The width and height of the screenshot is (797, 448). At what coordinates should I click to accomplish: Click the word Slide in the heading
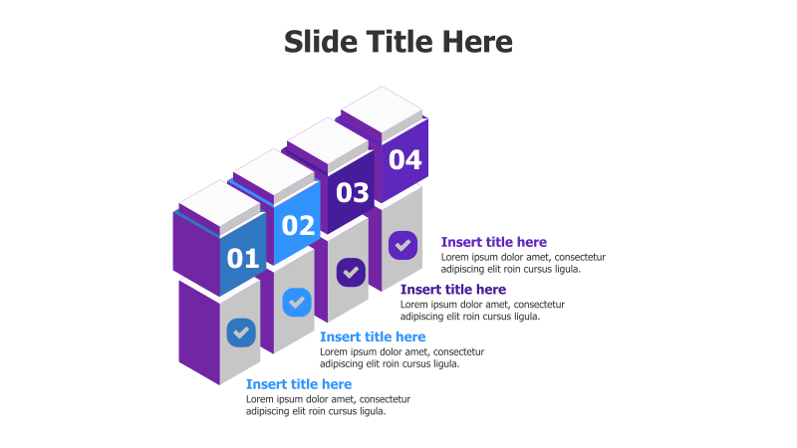pyautogui.click(x=316, y=42)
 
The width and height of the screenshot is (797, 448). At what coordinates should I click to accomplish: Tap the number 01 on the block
pyautogui.click(x=243, y=259)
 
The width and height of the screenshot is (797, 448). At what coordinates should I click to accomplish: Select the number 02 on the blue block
pyautogui.click(x=298, y=226)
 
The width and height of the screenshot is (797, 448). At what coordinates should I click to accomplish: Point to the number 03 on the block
pyautogui.click(x=352, y=193)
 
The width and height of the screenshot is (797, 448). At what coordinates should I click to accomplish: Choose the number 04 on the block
pyautogui.click(x=404, y=159)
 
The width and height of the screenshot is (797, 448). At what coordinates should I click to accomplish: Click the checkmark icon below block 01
pyautogui.click(x=241, y=333)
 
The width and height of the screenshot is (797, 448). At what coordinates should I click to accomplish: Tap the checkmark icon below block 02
pyautogui.click(x=297, y=302)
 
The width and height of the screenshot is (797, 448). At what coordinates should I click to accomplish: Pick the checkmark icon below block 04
pyautogui.click(x=402, y=244)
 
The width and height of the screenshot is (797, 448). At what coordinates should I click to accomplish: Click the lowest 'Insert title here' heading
pyautogui.click(x=299, y=384)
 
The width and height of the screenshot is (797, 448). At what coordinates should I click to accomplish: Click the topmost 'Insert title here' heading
pyautogui.click(x=494, y=242)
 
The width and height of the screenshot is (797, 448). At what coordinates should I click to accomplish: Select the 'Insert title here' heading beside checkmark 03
pyautogui.click(x=453, y=290)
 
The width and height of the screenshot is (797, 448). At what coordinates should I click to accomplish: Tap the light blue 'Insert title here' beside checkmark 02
pyautogui.click(x=373, y=337)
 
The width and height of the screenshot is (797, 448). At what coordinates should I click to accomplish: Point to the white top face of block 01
pyautogui.click(x=218, y=202)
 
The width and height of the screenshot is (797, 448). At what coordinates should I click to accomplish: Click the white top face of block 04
pyautogui.click(x=383, y=108)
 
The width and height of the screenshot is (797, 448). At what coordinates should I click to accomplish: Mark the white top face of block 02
pyautogui.click(x=273, y=170)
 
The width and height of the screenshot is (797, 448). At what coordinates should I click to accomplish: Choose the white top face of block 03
pyautogui.click(x=328, y=139)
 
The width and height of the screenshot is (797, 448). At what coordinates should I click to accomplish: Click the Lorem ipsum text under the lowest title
pyautogui.click(x=328, y=405)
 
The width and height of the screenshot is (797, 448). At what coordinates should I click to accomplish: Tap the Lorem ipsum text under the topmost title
pyautogui.click(x=523, y=263)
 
